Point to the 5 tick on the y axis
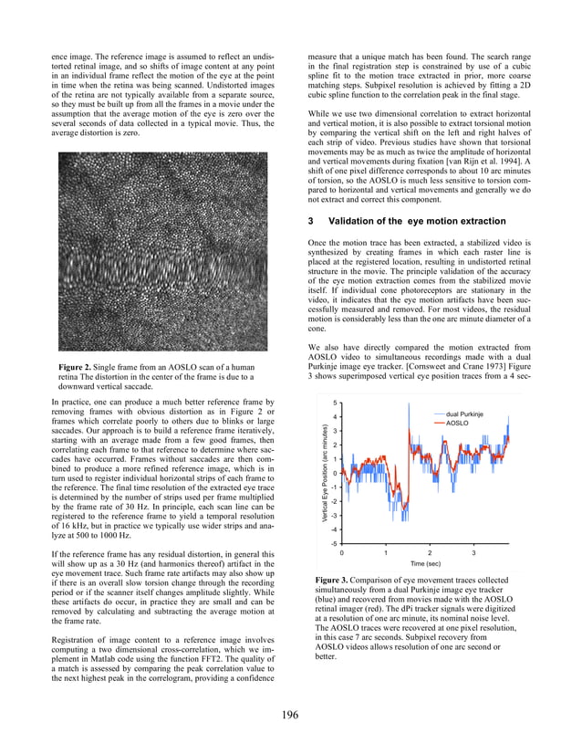[335, 403]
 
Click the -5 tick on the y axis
[334, 543]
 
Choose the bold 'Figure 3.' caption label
[334, 581]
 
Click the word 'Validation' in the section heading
[350, 221]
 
